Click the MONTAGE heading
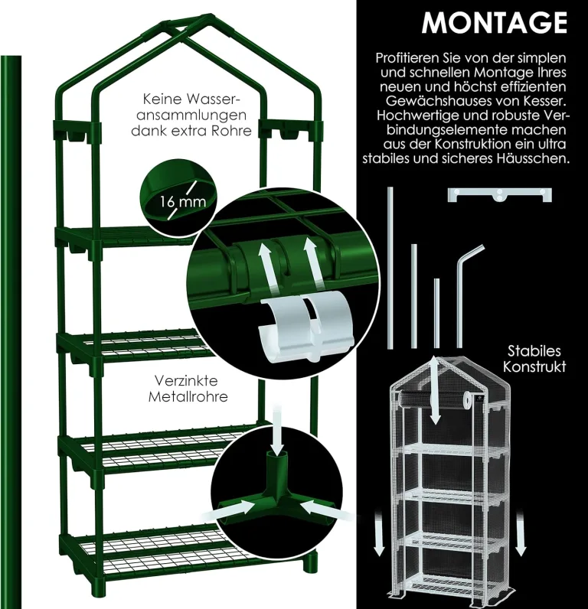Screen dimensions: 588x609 [x=495, y=22]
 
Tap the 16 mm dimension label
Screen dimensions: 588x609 [x=183, y=202]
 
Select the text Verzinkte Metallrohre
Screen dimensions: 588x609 [x=188, y=389]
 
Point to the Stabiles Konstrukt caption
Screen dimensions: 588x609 [x=534, y=359]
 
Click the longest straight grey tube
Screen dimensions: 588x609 [x=390, y=267]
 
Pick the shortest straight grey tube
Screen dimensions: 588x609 [x=436, y=313]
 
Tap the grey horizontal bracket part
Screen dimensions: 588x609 [x=499, y=194]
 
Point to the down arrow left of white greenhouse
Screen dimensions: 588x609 [x=378, y=535]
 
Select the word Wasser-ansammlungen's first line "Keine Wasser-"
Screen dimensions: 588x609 [x=191, y=99]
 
